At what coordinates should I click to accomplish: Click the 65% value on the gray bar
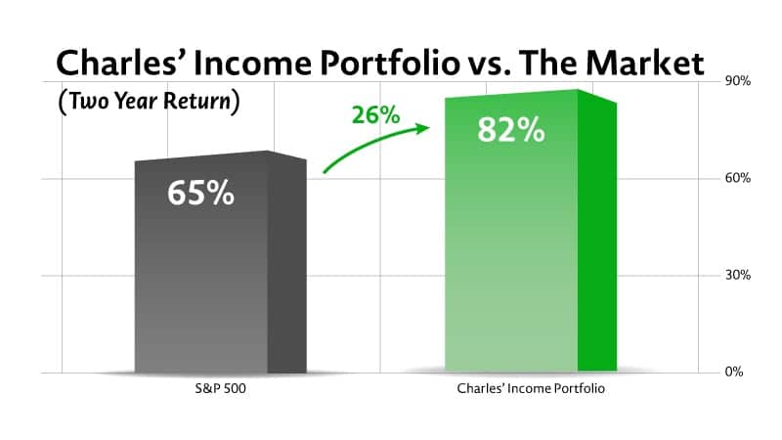200,193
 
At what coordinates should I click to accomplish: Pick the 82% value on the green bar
510,130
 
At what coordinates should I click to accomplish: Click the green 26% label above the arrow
376,114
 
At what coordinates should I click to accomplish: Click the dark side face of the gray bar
287,264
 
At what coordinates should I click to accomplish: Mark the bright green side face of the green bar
596,235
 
